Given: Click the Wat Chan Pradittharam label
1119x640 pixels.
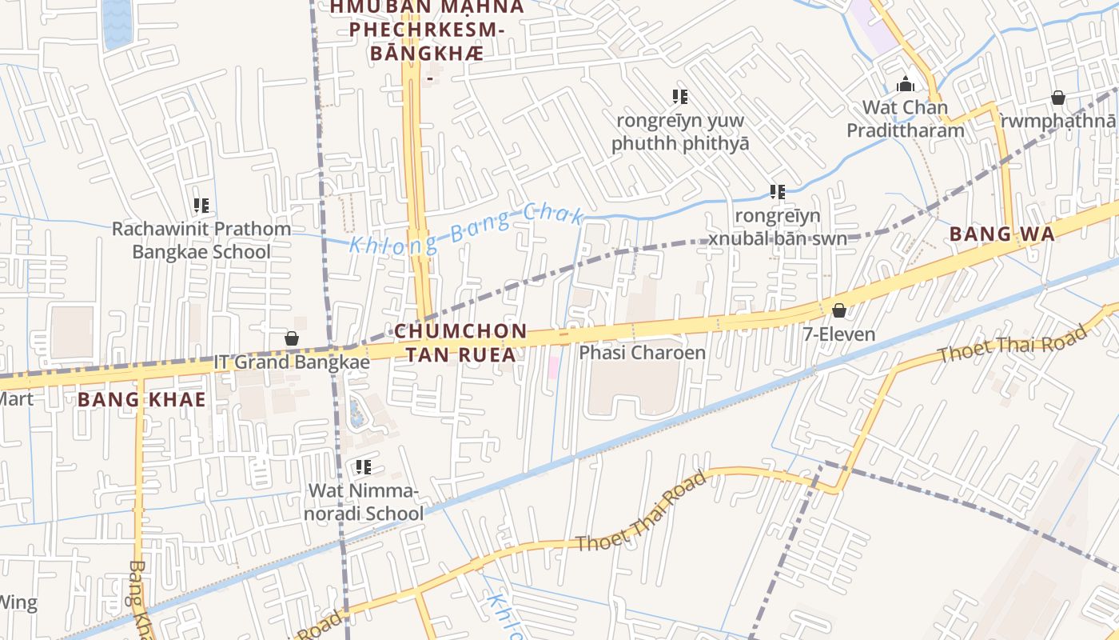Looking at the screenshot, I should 906,118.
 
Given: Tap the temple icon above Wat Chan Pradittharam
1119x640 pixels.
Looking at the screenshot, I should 906,83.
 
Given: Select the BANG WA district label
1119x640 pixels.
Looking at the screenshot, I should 1002,234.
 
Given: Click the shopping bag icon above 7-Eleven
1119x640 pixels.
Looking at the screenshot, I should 839,310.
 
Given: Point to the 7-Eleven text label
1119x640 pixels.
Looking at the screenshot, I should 839,334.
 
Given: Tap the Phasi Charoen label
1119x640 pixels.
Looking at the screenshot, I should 642,353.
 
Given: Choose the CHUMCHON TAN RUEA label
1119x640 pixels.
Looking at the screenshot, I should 460,342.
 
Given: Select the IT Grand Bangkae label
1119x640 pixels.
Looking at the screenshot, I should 292,362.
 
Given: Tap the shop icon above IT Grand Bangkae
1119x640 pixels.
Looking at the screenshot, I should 292,338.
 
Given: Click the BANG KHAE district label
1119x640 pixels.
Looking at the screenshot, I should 141,399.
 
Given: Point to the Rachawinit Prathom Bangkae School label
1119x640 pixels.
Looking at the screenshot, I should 201,240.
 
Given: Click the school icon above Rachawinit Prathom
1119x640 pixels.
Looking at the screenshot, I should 201,206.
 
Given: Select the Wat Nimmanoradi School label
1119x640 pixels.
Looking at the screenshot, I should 365,502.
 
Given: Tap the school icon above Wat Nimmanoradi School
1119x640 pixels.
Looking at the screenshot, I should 364,466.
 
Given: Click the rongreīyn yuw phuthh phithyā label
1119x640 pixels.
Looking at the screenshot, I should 680,132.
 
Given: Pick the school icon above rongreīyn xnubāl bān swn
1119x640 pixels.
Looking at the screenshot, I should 778,192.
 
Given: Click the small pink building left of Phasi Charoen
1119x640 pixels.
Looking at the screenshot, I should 553,368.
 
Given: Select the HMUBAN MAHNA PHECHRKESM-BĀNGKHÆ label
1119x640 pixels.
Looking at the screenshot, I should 427,30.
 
